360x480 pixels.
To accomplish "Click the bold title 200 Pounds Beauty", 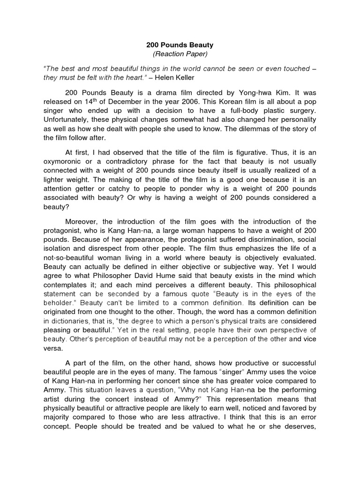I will (x=180, y=45).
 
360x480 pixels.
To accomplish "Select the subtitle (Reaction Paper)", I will (x=180, y=54).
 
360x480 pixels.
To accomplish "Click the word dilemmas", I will (x=248, y=129).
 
